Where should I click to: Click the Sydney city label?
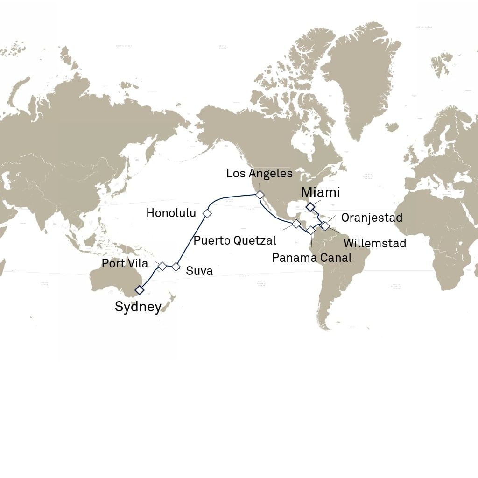tap(138, 307)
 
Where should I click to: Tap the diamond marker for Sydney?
tap(139, 290)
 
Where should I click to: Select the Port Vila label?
tap(125, 263)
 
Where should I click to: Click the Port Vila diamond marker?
tap(162, 267)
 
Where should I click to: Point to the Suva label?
tap(199, 271)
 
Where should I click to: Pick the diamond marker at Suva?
tap(176, 267)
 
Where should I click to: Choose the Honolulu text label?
tap(171, 213)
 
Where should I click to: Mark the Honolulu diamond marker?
tap(207, 213)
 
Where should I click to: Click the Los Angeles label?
tap(259, 174)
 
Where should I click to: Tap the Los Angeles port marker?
tap(259, 194)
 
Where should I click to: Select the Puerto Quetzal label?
tap(235, 241)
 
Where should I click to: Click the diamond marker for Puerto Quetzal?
tap(296, 224)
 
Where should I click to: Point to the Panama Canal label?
tap(311, 257)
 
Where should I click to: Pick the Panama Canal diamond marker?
tap(311, 230)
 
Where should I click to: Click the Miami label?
tap(320, 192)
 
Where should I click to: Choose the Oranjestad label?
tap(371, 218)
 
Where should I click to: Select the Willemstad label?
tap(374, 243)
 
